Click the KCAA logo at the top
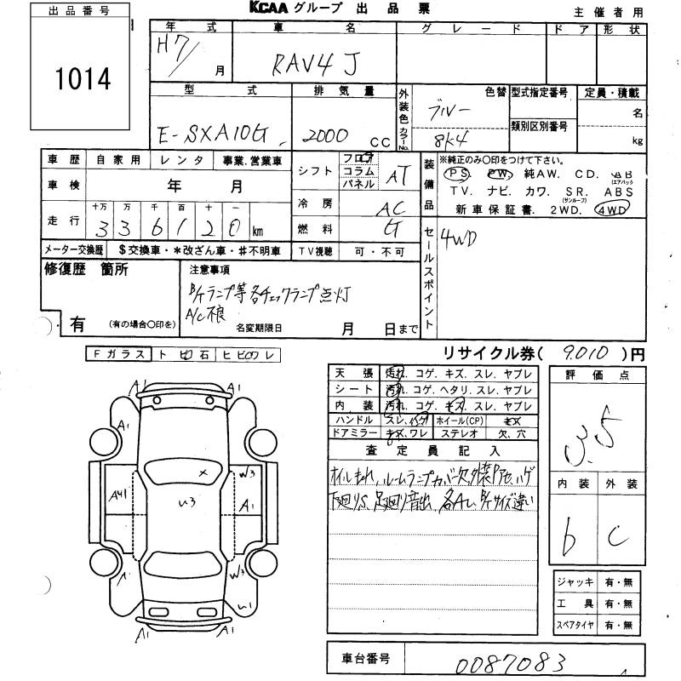[273, 8]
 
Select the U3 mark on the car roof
[180, 503]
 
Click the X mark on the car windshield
[202, 470]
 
